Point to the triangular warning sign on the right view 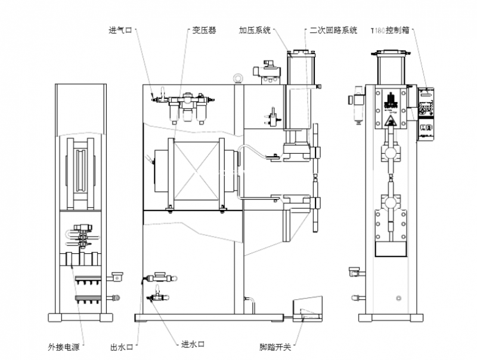click(391, 123)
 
